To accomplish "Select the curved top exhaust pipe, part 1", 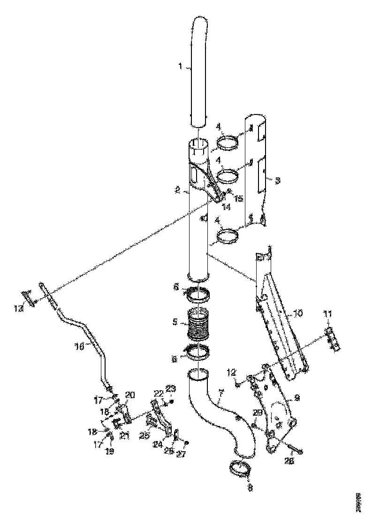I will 199,70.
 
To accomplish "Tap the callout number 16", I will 79,346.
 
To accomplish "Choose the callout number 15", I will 239,198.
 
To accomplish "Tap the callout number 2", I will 177,190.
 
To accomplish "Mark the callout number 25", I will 144,436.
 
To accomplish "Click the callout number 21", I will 124,436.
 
